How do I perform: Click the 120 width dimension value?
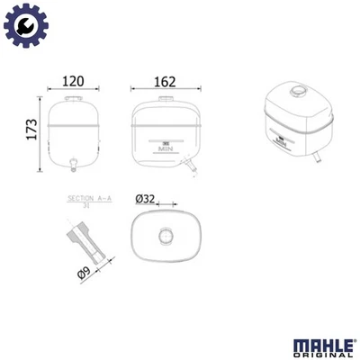tap(73, 81)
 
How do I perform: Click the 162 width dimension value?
tap(164, 81)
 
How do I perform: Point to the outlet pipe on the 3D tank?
tap(318, 157)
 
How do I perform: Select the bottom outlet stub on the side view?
tap(73, 163)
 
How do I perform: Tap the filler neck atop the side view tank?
tap(73, 98)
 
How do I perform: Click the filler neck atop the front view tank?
tap(164, 98)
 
